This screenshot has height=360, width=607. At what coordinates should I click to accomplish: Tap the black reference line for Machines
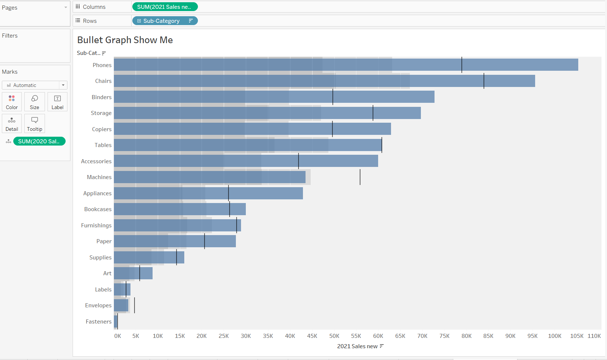point(360,177)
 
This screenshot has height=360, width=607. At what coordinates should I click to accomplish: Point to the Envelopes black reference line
point(135,305)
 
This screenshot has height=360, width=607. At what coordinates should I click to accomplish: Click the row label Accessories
point(96,161)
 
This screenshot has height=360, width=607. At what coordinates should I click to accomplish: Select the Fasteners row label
point(98,322)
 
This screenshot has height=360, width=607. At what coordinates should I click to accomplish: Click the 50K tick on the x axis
point(334,336)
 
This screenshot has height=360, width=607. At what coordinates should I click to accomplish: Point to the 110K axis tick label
point(594,336)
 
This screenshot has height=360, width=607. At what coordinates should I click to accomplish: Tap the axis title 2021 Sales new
point(357,346)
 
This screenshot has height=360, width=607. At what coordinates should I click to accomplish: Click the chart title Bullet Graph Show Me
point(125,40)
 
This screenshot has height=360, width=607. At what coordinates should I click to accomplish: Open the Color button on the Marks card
point(12,102)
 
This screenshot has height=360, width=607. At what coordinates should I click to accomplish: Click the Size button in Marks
point(35,102)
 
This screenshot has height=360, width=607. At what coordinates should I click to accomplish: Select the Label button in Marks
point(57,102)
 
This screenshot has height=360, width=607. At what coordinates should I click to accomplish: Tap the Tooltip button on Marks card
point(35,124)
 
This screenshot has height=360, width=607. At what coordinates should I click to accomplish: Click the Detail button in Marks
point(12,124)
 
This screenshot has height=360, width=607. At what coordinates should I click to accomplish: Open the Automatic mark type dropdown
point(35,85)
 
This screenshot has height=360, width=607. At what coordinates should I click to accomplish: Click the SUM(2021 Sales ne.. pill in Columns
point(164,7)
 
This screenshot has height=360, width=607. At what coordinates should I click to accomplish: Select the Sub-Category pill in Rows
point(164,21)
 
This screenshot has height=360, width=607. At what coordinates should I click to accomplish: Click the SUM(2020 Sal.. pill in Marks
point(39,141)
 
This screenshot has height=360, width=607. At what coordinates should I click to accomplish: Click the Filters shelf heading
point(10,36)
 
